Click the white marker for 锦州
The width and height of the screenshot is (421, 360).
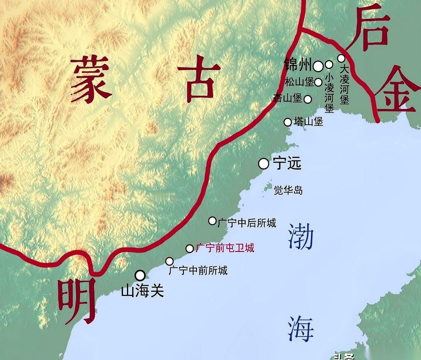[318, 66]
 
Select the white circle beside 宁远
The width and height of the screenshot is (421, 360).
[263, 163]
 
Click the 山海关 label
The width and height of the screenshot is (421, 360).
[142, 291]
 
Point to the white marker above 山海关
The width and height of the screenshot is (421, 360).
[140, 275]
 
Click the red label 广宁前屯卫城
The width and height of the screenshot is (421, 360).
[225, 248]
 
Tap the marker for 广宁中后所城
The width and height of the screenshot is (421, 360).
[212, 220]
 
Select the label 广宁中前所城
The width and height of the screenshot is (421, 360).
[198, 270]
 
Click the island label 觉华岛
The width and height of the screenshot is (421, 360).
[288, 190]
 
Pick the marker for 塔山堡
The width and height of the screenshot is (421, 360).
[288, 122]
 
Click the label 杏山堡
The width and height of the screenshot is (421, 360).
[288, 99]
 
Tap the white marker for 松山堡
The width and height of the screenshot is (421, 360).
[318, 82]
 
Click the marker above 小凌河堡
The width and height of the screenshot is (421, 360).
[329, 64]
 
